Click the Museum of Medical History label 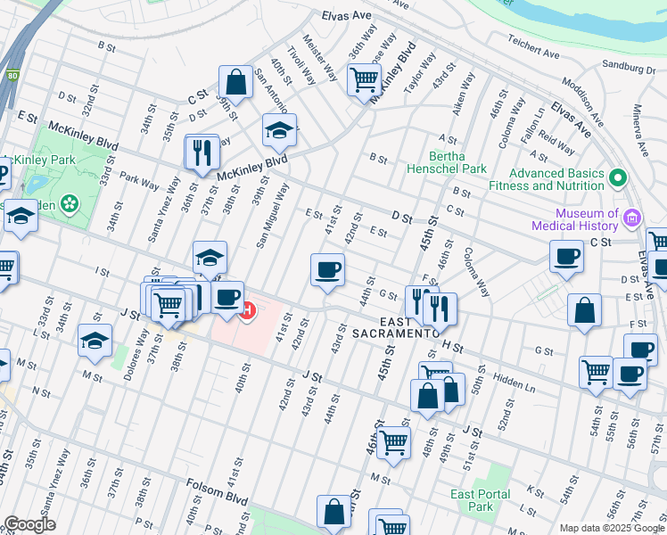coord(588,219)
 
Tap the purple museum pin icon coord(632,217)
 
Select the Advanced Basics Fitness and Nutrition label coord(556,179)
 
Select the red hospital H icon coord(248,311)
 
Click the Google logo coord(29,524)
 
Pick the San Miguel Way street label coord(273,215)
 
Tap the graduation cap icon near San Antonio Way coord(279,130)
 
